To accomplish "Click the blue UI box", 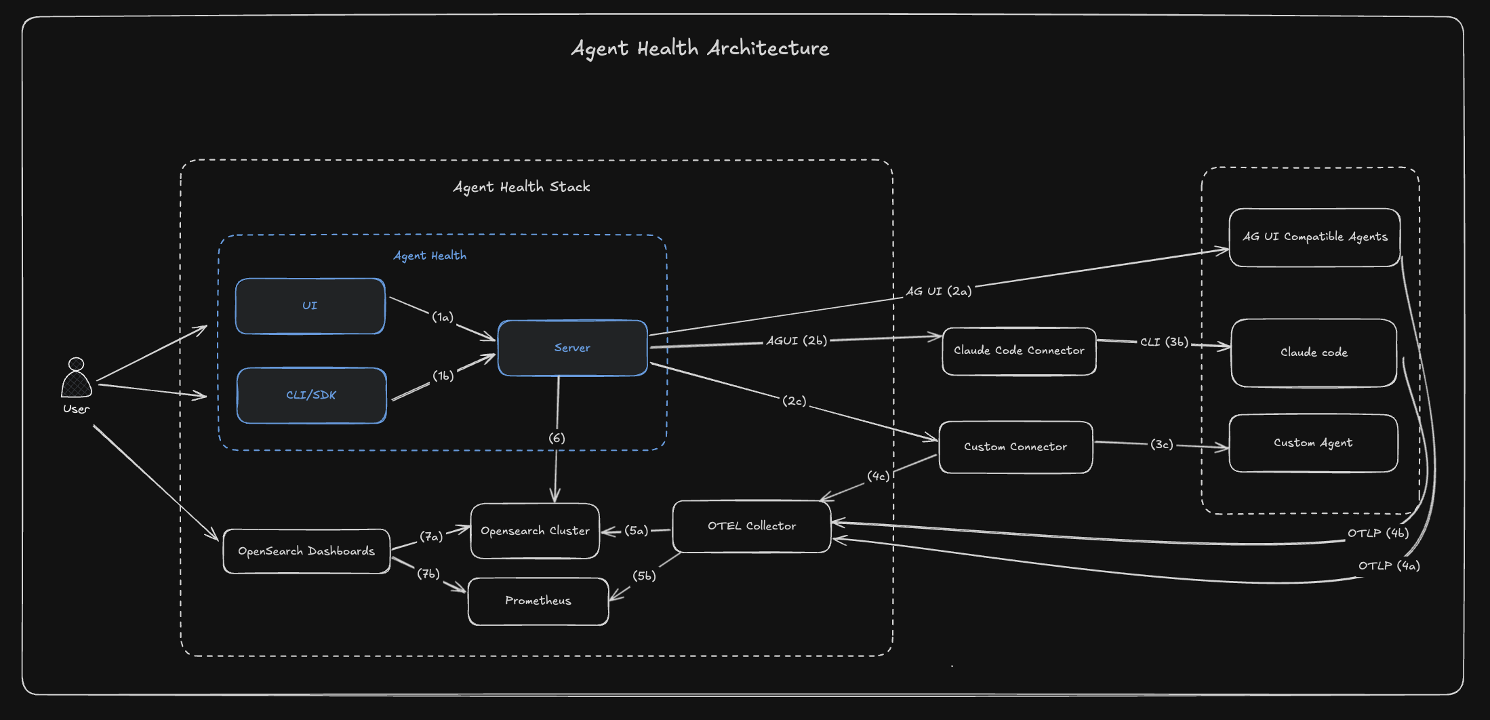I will (310, 306).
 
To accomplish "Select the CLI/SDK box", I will (311, 395).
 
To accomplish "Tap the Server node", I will (572, 348).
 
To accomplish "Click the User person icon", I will (77, 379).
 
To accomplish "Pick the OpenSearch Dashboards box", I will (306, 551).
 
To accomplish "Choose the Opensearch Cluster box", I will (535, 531).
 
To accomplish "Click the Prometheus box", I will (538, 601).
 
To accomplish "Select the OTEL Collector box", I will (751, 526).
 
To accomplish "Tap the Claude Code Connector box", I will (1018, 351).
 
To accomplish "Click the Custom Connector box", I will (1015, 447).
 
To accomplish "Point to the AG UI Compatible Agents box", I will (1314, 237).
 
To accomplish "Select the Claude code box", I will (1313, 353).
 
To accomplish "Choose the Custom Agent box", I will (1312, 443).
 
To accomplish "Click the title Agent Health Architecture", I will (700, 48).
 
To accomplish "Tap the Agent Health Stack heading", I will (521, 187).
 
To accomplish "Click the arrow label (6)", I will (557, 438).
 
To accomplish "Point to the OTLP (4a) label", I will (1388, 565).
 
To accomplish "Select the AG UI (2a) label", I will (938, 292).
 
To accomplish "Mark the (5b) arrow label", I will (644, 576).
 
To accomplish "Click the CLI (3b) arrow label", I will (1163, 342).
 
